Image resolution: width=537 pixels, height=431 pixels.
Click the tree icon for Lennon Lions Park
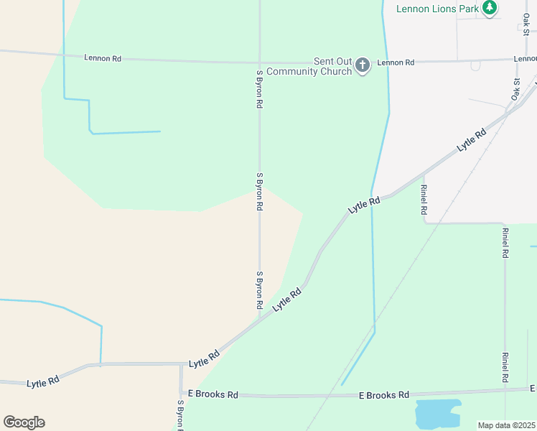(x=490, y=8)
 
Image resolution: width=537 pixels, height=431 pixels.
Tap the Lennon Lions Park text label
(x=438, y=9)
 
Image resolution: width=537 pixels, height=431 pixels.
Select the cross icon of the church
(x=363, y=66)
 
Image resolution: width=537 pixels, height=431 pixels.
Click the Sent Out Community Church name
(x=309, y=66)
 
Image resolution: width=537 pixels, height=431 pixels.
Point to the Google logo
(x=24, y=422)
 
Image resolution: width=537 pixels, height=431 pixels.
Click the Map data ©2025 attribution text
(x=507, y=425)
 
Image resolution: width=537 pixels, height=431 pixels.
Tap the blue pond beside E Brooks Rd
(x=437, y=414)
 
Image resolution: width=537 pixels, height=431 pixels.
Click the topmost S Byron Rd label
(x=259, y=89)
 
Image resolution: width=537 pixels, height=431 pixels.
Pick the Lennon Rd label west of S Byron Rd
(x=103, y=57)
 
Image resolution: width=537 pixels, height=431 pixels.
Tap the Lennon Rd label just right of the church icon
(x=396, y=62)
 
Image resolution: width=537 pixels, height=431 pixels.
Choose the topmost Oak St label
(x=526, y=22)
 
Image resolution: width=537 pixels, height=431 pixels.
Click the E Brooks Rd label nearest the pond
(x=384, y=395)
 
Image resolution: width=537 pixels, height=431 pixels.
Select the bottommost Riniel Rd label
(x=506, y=366)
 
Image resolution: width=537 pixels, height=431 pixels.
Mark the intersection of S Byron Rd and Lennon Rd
(x=259, y=62)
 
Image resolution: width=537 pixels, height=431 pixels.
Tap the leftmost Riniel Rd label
(x=424, y=200)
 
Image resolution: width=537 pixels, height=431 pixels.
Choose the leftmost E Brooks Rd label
(x=213, y=394)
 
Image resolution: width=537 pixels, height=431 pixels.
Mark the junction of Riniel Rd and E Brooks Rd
(x=505, y=391)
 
